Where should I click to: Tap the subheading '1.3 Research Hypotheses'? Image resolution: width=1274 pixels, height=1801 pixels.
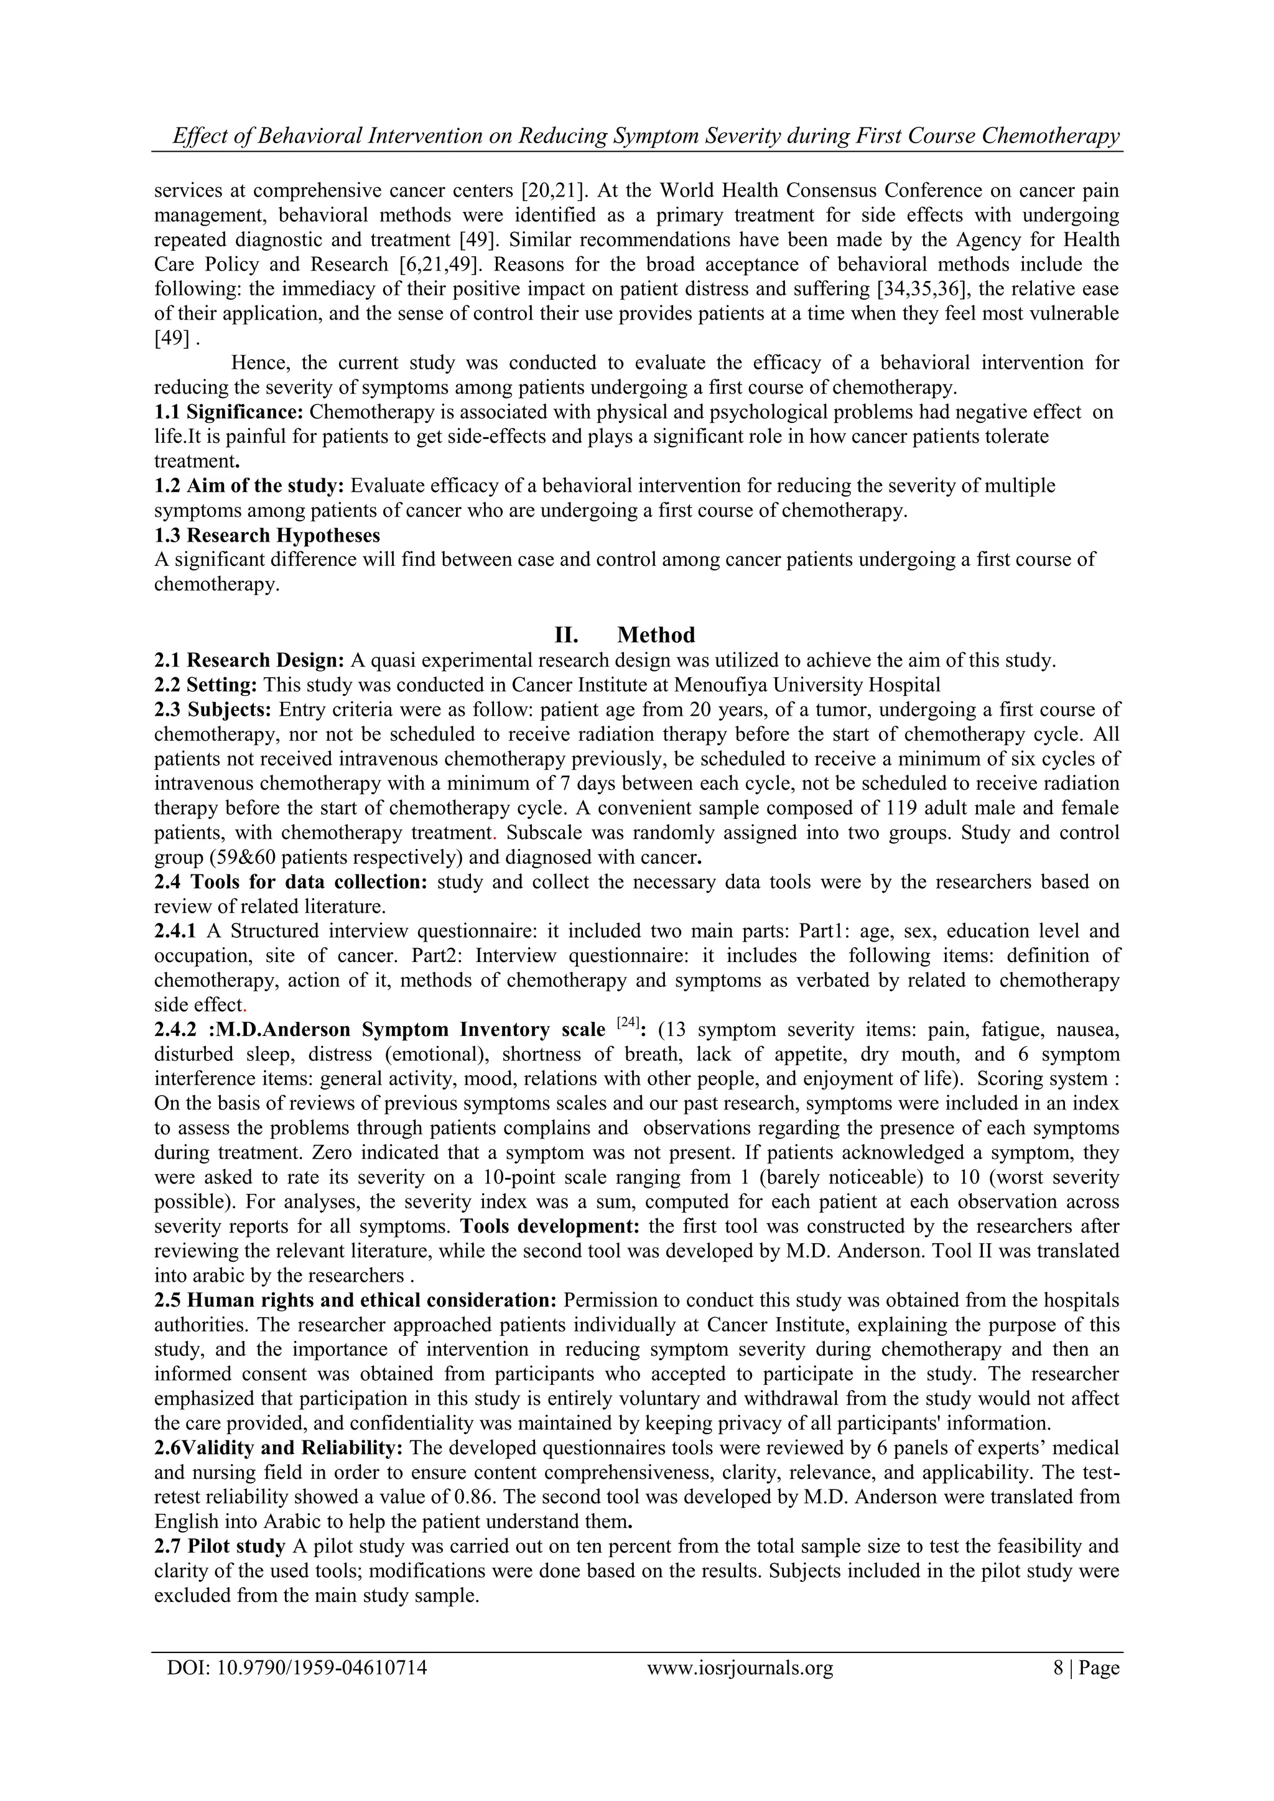(x=267, y=535)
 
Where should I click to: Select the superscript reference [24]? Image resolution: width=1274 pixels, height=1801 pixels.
(x=628, y=1023)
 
